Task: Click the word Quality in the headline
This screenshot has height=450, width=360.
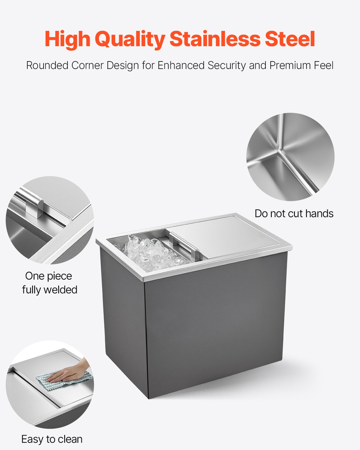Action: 130,39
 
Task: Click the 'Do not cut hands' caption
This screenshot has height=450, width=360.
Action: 294,214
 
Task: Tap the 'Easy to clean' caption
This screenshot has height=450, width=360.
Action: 52,439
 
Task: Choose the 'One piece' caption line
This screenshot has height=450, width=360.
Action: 49,276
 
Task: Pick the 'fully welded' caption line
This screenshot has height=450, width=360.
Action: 50,290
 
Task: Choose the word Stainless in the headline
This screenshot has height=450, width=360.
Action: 215,39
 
